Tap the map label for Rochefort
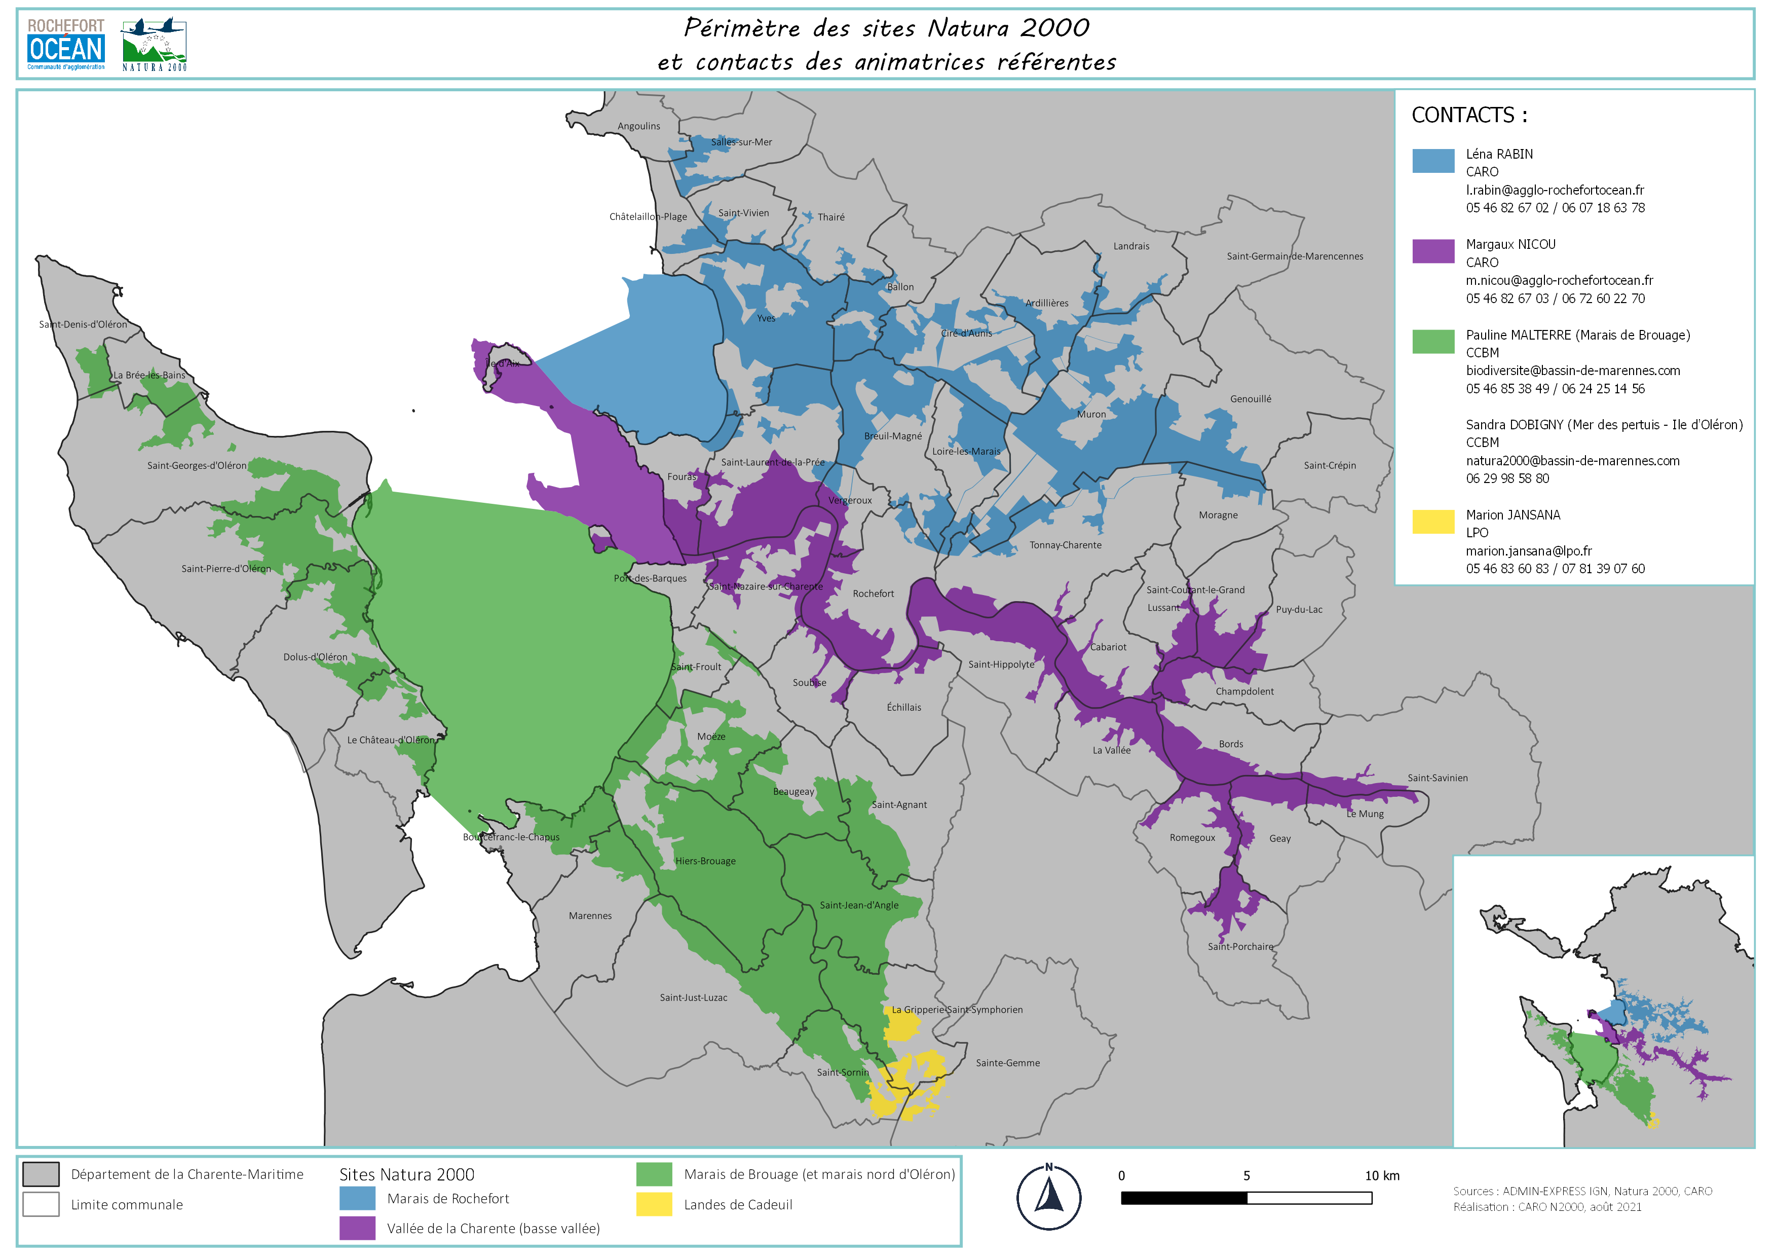click(873, 594)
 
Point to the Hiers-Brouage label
click(705, 861)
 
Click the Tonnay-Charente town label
click(1065, 545)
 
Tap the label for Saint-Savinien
click(1437, 778)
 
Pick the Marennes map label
click(590, 916)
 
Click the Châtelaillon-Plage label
click(648, 217)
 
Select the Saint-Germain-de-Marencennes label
click(1295, 256)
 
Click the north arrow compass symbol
click(1049, 1197)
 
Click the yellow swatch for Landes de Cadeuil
click(654, 1204)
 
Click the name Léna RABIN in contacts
click(1499, 154)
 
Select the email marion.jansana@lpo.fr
click(1529, 551)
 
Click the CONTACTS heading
click(1469, 116)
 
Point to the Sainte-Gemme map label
click(1008, 1063)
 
